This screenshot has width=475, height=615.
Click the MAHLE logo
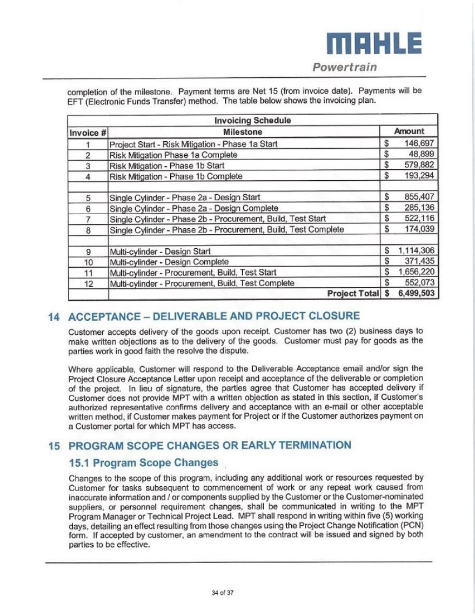[374, 43]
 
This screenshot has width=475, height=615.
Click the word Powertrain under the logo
[344, 68]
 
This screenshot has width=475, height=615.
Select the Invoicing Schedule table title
[252, 120]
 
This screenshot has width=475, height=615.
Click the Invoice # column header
[88, 132]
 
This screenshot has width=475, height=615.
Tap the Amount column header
[409, 131]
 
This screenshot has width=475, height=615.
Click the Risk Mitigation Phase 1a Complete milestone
[173, 155]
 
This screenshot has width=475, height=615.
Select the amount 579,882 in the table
[419, 166]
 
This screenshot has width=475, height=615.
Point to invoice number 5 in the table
[88, 197]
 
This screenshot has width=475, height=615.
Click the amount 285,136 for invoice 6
[419, 208]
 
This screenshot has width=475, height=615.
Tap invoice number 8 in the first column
[88, 229]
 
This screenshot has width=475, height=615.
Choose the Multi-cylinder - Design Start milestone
[160, 251]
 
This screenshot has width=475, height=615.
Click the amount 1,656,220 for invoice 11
[416, 272]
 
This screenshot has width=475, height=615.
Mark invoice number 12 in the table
[88, 283]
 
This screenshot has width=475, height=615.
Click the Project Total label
[353, 294]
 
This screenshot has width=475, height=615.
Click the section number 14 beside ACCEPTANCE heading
[54, 317]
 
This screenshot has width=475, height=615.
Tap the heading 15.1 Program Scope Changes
[144, 463]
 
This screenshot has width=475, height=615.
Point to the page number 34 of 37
[223, 593]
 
